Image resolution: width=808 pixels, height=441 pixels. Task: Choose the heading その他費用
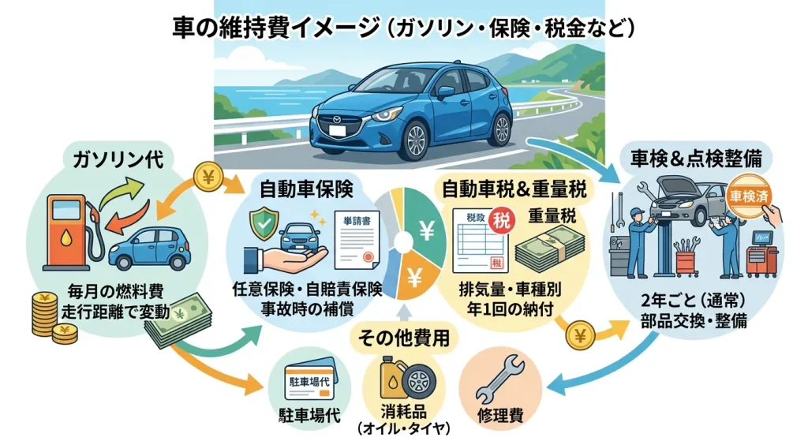click(x=404, y=338)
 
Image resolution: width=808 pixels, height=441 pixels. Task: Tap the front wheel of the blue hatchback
click(x=413, y=140)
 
